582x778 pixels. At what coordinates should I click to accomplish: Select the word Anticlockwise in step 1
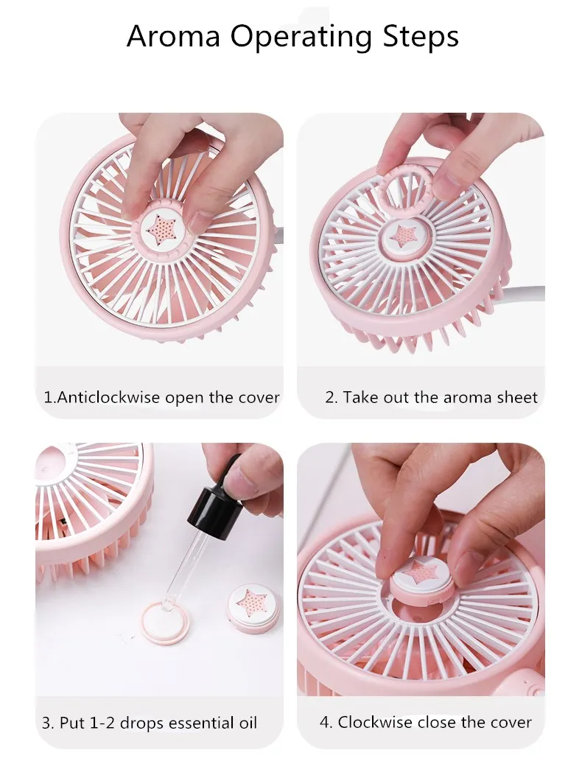(x=108, y=398)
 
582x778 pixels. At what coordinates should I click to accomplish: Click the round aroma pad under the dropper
(x=165, y=623)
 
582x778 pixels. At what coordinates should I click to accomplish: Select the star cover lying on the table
(x=253, y=608)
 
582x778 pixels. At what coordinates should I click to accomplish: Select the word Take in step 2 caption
(x=359, y=398)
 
